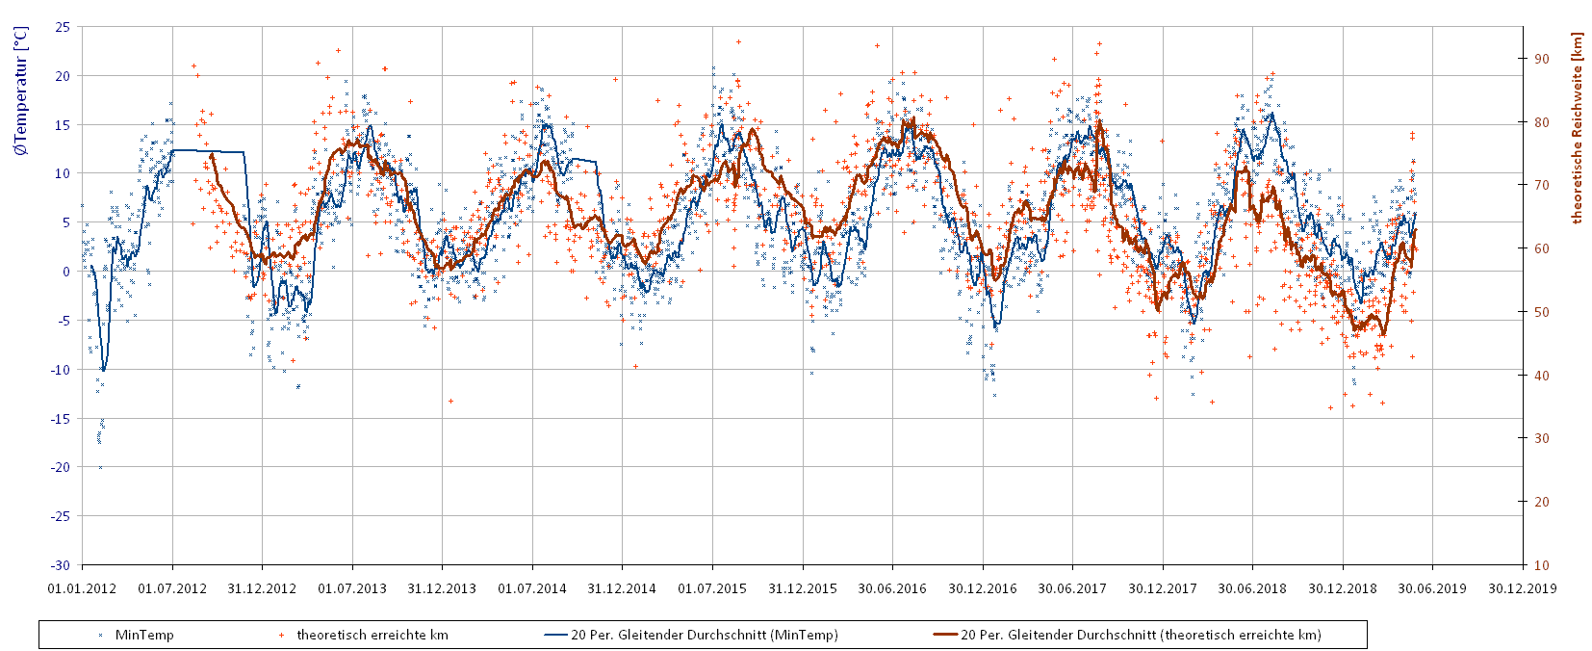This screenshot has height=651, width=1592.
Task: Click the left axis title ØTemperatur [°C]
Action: coord(21,91)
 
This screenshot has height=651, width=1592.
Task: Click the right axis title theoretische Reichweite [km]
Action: coord(1577,129)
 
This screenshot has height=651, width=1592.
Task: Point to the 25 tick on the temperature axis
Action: coord(63,27)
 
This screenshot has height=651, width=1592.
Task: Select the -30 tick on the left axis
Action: coord(61,565)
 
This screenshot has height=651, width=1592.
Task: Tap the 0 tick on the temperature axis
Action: coord(65,272)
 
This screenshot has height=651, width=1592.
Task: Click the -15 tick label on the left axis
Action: coord(61,418)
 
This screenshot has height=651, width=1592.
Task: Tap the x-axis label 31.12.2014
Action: coord(622,588)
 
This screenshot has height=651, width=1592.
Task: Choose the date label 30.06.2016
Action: coord(892,588)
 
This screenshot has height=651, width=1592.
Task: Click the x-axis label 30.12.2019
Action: coord(1522,588)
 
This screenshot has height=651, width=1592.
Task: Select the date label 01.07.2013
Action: coord(352,588)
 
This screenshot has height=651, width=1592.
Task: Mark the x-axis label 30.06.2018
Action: coord(1252,588)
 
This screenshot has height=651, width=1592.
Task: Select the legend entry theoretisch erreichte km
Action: coord(372,635)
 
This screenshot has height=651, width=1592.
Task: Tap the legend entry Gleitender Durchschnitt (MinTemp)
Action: coord(704,635)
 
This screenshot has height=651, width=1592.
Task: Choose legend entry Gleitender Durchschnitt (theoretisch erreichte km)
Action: coord(1140,635)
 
